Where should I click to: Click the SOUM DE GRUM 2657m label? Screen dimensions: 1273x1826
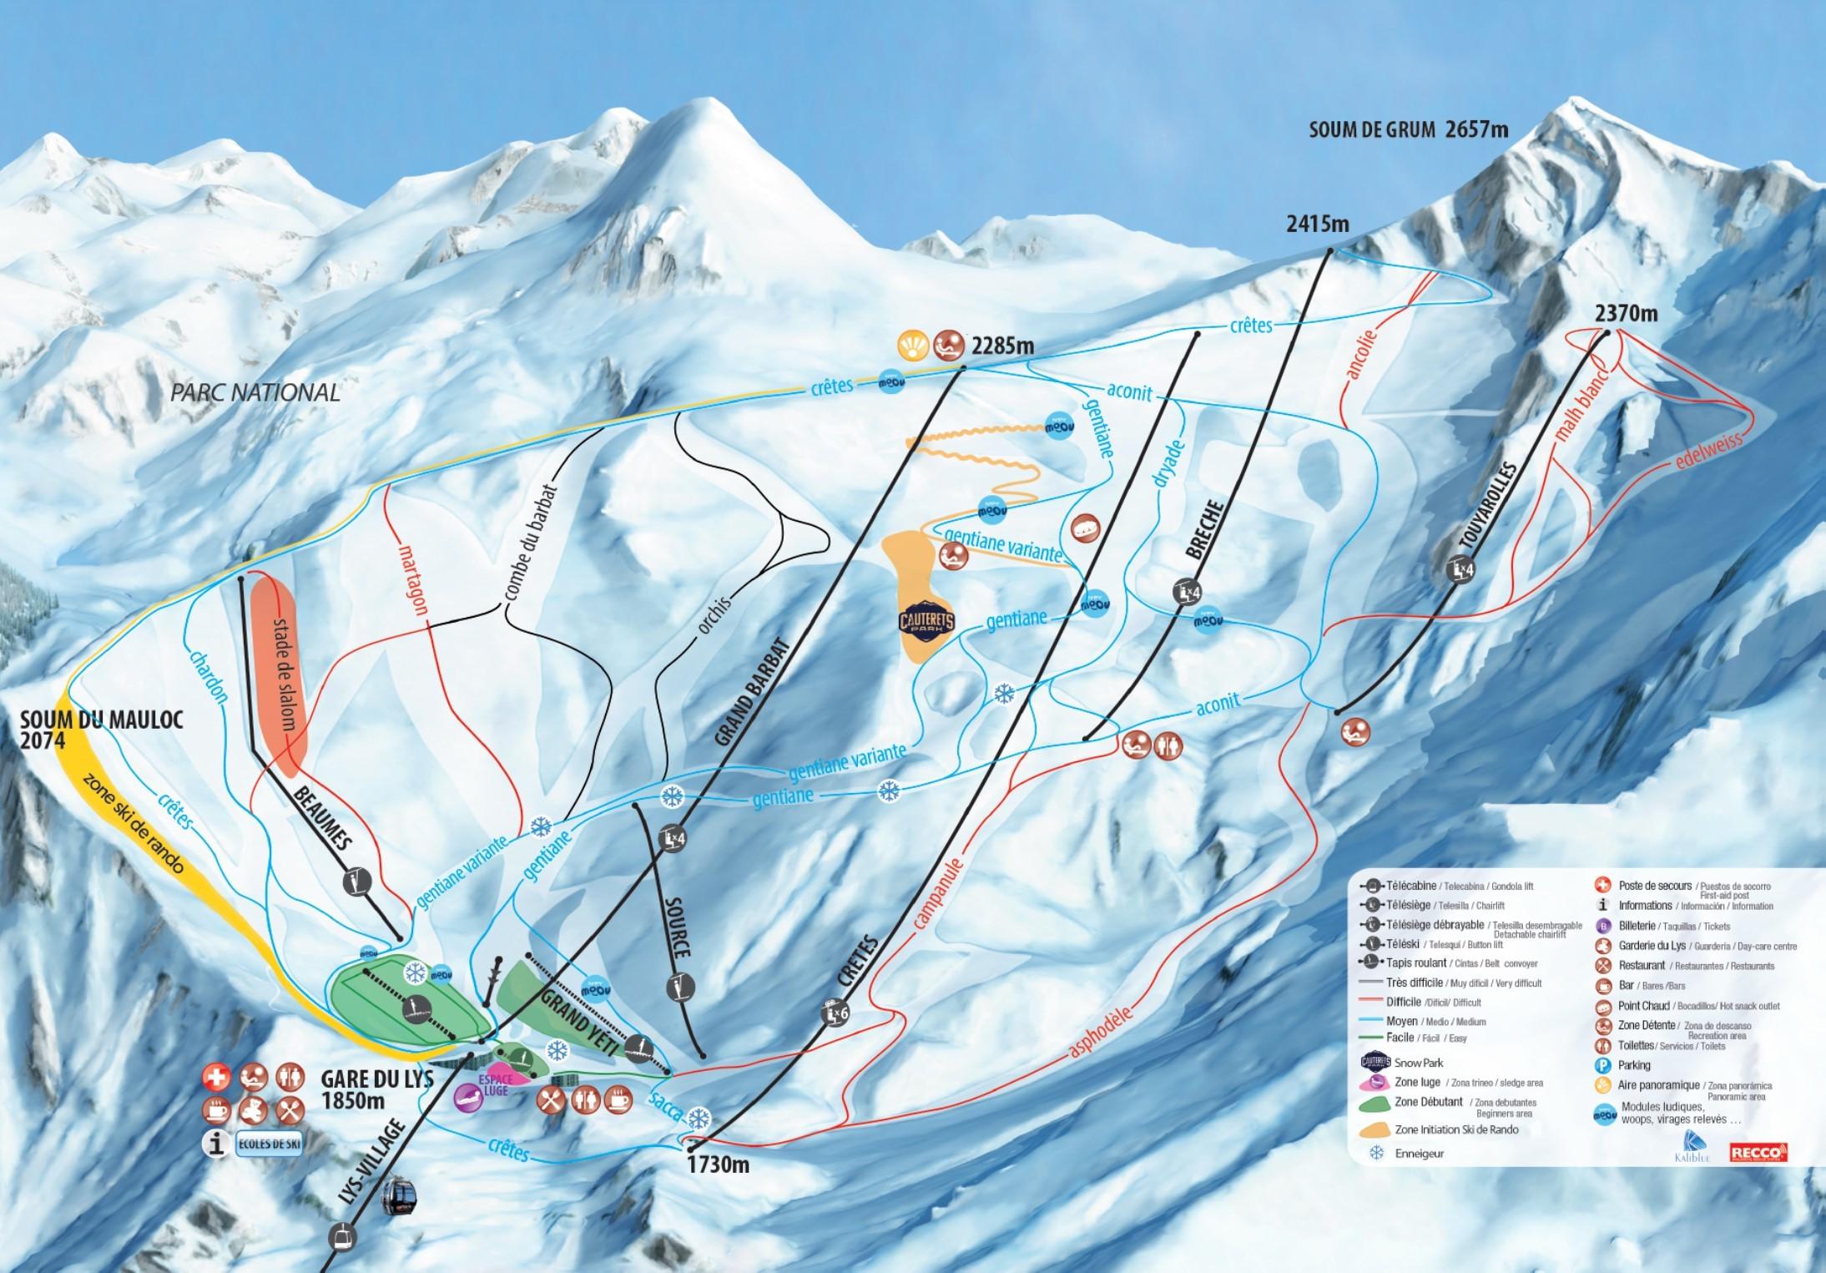coord(1408,129)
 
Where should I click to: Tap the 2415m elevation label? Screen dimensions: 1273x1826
coord(1317,224)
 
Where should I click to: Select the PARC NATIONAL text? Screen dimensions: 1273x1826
coord(255,392)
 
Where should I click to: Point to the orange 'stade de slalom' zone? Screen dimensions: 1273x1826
coord(280,668)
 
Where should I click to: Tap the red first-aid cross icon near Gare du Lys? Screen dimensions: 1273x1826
coord(214,1078)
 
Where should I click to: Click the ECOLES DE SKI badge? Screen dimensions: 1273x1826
coord(268,1144)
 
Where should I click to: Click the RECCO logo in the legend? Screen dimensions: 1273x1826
coord(1758,1151)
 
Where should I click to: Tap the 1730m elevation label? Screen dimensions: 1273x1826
coord(718,1163)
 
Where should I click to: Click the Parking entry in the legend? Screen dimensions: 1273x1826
coord(1633,1065)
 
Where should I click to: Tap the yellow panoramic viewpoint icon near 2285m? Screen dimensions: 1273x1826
coord(913,344)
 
